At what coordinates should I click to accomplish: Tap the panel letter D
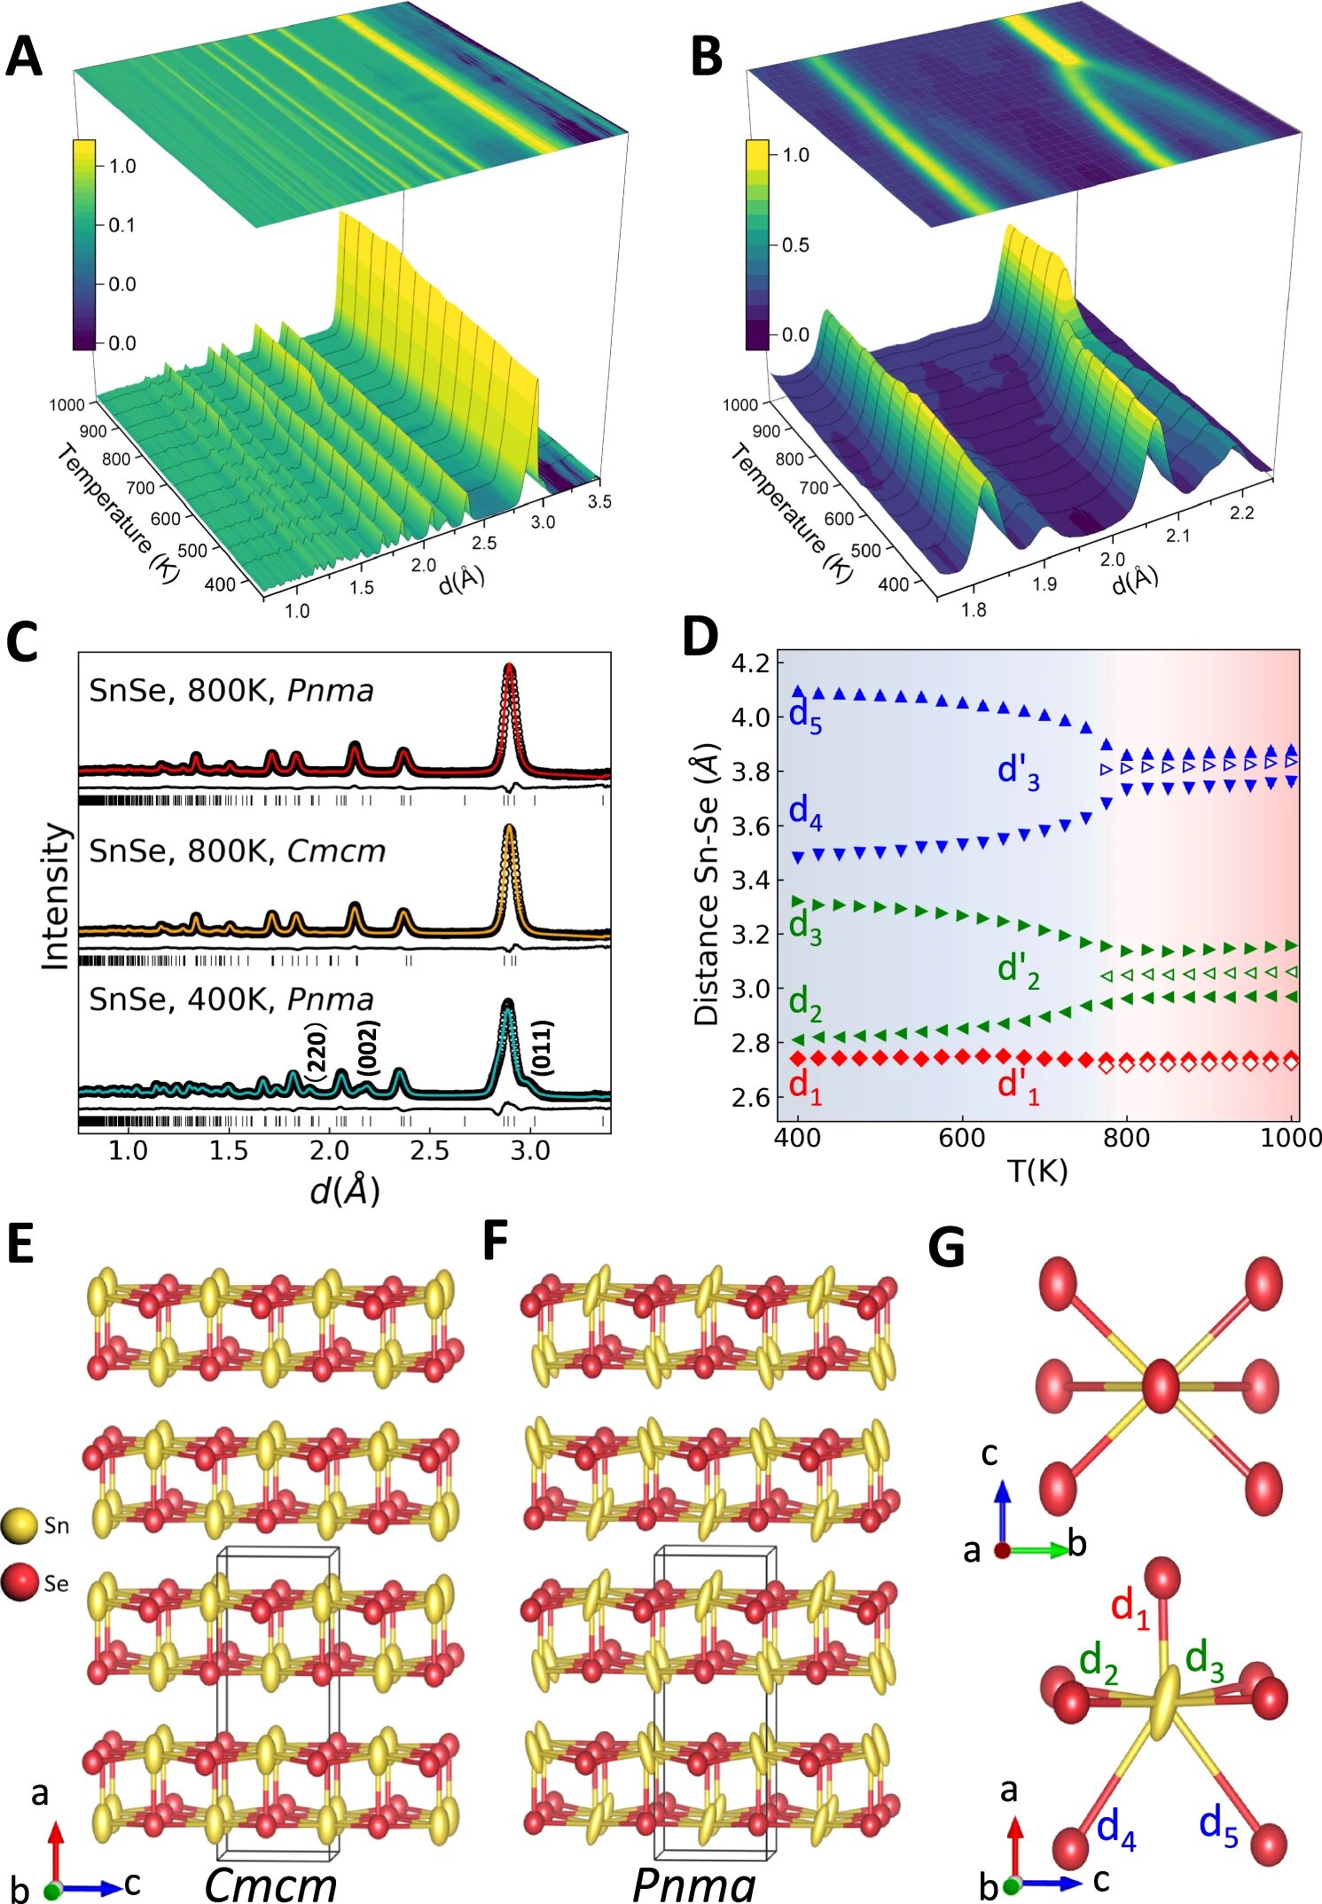click(700, 636)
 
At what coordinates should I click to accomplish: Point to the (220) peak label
click(316, 1052)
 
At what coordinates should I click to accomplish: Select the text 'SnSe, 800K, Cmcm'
click(238, 851)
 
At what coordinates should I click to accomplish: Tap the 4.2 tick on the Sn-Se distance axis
click(751, 663)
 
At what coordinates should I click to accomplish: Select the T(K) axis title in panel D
click(1037, 1171)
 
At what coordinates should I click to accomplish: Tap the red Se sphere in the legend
click(20, 1583)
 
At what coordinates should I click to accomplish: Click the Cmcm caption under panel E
click(270, 1884)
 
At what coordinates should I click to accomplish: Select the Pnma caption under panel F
click(693, 1884)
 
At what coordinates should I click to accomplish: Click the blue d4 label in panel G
click(1116, 1829)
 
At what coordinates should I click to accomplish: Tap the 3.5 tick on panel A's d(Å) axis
click(599, 502)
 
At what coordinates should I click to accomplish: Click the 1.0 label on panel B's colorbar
click(795, 155)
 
